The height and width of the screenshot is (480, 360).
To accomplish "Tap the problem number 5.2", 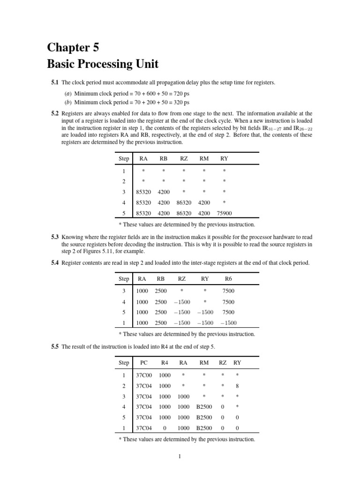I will [55, 113].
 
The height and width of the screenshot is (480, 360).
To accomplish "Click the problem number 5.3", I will [55, 238].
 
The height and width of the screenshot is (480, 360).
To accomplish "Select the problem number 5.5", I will [55, 347].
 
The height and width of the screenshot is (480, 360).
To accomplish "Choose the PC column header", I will [144, 362].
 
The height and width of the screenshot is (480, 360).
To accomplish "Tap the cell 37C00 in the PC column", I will [143, 375].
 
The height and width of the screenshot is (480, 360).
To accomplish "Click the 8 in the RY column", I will [238, 386].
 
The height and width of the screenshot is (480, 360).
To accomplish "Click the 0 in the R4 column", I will [165, 428].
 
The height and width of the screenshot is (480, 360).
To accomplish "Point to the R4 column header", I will [165, 362].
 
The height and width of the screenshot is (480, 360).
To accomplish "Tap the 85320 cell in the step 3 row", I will [143, 192].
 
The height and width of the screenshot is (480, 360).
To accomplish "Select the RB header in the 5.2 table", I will [164, 159].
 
